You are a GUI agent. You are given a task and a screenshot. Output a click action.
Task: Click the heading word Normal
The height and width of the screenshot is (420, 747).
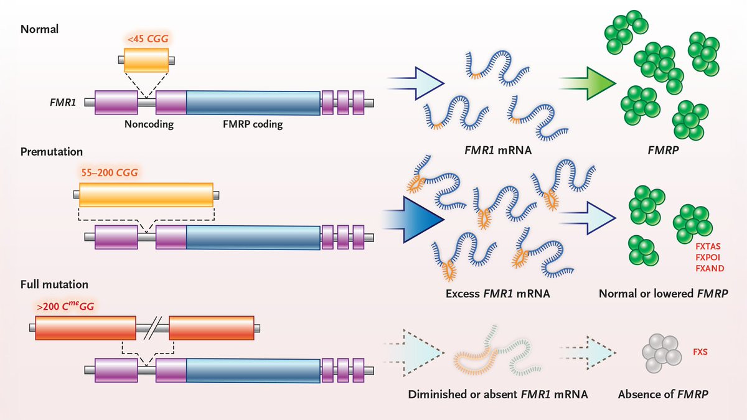coord(39,29)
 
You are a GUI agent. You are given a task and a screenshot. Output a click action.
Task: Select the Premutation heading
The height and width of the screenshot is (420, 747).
coord(51,152)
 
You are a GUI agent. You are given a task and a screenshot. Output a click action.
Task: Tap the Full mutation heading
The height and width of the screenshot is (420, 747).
coord(54,284)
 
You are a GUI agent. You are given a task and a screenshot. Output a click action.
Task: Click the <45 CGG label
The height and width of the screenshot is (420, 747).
coord(148,39)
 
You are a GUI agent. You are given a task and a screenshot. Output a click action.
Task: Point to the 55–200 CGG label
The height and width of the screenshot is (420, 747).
coord(110,173)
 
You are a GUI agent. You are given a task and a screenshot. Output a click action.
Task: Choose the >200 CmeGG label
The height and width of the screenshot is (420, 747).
coord(65,306)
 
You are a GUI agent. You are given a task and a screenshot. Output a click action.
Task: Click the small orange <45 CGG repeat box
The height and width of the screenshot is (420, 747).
coord(146,60)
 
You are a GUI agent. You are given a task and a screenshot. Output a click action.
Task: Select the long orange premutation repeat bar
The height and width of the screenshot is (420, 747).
coord(146,195)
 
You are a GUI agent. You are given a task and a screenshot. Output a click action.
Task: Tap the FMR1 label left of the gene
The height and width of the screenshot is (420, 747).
coord(63,102)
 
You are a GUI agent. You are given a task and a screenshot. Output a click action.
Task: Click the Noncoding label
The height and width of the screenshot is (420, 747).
coord(149,124)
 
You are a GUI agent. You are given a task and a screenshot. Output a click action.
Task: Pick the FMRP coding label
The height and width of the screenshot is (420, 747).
coord(253,124)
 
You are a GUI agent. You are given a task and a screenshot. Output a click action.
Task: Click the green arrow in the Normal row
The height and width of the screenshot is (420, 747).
coord(587,83)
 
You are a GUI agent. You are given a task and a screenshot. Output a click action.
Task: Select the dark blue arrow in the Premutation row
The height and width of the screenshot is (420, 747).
coord(413,219)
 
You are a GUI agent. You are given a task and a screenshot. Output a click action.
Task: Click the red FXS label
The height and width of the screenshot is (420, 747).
coord(700,352)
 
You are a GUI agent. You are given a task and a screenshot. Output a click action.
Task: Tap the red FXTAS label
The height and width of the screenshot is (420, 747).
coord(708,246)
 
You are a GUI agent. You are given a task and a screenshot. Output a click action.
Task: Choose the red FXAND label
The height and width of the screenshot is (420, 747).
coord(710,268)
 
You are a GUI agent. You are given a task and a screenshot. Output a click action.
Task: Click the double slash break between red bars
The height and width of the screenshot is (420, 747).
coord(153,328)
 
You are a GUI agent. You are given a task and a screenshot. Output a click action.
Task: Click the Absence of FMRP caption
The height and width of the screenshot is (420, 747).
coord(663,394)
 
